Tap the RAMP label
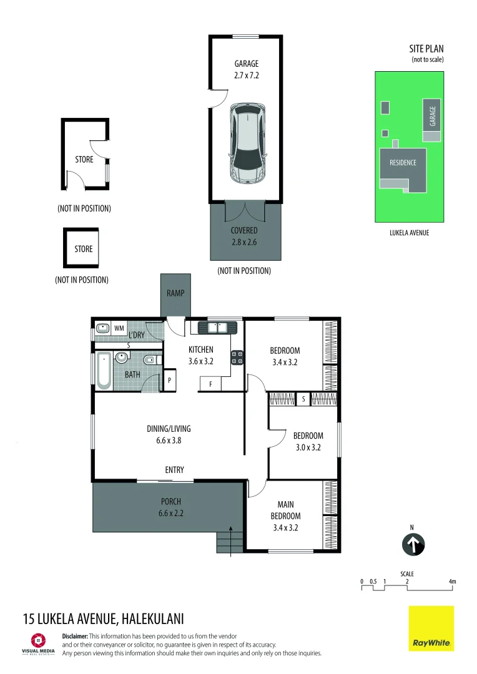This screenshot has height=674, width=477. [175, 293]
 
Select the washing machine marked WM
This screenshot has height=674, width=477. [119, 328]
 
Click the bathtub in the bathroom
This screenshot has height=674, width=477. [103, 371]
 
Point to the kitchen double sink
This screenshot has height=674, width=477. [218, 326]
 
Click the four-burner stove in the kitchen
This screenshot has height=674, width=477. [238, 358]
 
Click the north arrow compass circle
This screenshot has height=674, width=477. [412, 544]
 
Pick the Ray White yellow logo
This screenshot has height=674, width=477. [431, 628]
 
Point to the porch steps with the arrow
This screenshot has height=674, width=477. [229, 541]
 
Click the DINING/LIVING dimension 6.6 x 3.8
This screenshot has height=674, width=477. [169, 440]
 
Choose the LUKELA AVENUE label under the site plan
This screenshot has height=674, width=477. [409, 233]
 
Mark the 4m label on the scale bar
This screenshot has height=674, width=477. [453, 582]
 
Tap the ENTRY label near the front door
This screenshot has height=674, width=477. [174, 470]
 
